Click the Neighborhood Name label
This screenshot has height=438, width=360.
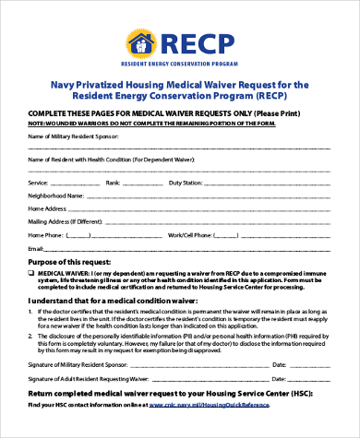coord(54,196)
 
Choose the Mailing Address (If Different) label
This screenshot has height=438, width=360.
coord(65,222)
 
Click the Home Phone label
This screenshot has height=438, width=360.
coord(45,235)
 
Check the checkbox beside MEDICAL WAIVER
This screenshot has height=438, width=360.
coord(32,274)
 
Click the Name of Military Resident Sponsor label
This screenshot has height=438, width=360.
coord(74,136)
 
